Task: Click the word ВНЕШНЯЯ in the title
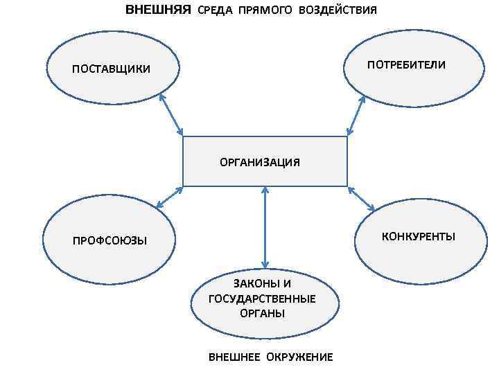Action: (157, 10)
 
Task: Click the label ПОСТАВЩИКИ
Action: (111, 69)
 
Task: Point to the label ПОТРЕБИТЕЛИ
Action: (407, 64)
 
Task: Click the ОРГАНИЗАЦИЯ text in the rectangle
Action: (260, 163)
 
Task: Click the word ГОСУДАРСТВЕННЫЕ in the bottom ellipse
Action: (262, 299)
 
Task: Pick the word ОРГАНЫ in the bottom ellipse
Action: (262, 313)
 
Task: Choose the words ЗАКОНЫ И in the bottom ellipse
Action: (262, 284)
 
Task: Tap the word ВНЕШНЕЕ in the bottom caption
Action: (233, 357)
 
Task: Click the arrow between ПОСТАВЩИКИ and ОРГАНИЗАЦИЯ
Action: (171, 114)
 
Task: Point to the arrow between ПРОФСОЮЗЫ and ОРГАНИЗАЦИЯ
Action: (169, 197)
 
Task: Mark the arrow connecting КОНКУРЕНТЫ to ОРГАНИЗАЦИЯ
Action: (361, 199)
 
